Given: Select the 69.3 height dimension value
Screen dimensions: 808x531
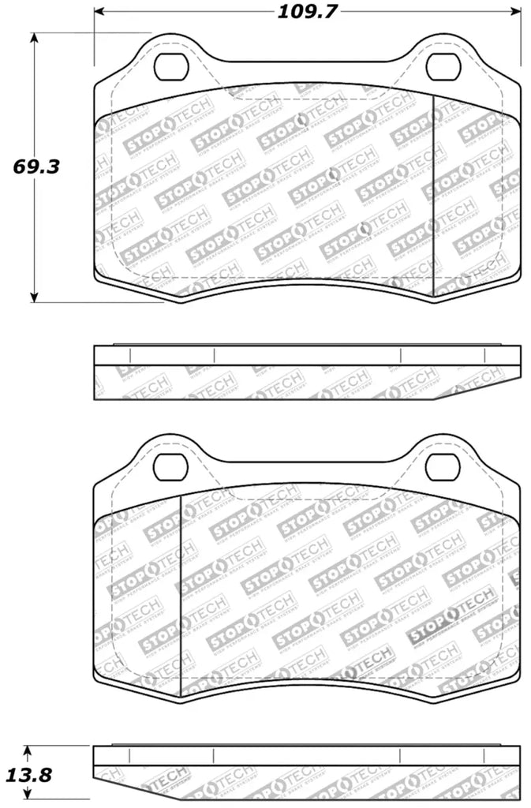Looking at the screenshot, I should [35, 166].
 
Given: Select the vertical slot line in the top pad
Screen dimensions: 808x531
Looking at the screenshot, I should [434, 193].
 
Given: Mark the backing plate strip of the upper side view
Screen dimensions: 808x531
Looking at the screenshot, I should [308, 355].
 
